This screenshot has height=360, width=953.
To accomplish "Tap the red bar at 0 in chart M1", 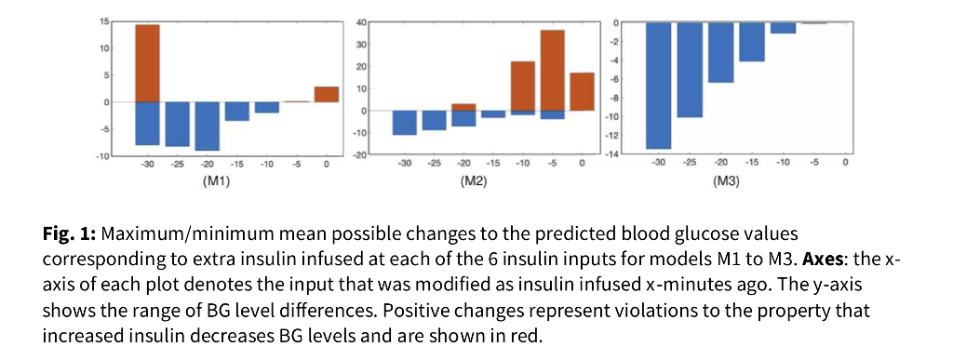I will (326, 94).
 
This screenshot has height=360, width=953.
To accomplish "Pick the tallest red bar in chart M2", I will (552, 70).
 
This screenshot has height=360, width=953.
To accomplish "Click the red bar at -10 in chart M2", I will (522, 86).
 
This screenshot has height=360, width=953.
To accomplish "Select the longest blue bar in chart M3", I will (659, 85).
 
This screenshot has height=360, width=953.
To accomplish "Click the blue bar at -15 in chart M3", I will (752, 42).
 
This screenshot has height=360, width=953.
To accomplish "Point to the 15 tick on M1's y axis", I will (104, 20).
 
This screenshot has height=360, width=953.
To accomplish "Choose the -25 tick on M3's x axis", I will (690, 164).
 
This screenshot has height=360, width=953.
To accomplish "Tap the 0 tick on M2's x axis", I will (582, 164).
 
